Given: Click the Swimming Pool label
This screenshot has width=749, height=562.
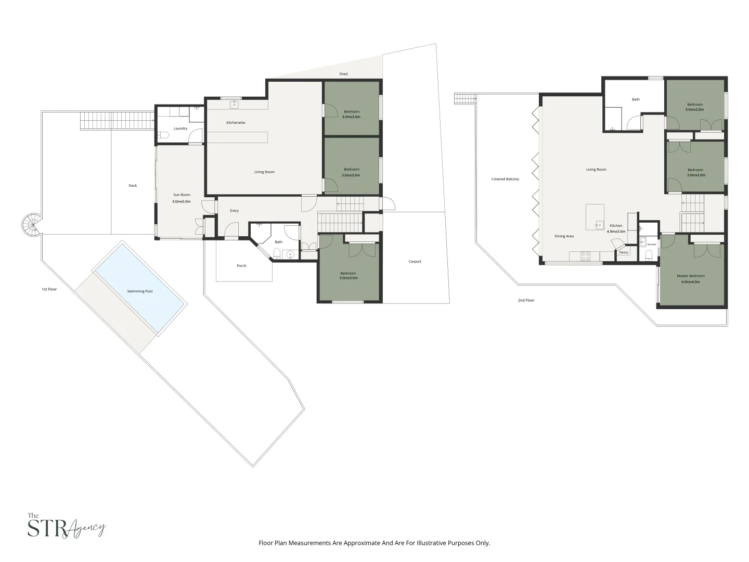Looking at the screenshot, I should click(140, 291).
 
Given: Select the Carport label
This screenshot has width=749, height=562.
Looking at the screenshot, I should click(415, 261).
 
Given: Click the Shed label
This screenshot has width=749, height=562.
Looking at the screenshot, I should click(343, 74).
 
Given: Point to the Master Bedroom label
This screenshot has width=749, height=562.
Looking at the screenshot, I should click(691, 276).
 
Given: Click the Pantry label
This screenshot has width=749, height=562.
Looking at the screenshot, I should click(624, 252).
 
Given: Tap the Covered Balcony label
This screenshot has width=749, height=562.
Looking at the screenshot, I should click(505, 179).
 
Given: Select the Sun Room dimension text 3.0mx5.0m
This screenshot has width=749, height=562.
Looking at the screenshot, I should click(182, 201).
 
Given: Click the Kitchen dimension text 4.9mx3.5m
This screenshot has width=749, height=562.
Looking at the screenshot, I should click(616, 231).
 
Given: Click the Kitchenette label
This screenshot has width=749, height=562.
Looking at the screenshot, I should click(236, 122).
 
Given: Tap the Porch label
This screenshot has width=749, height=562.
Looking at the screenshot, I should click(241, 265).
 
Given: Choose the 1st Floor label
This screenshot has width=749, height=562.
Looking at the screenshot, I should click(49, 289).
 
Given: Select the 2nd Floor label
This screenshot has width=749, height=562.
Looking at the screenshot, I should click(526, 300).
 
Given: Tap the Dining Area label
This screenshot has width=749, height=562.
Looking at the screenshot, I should click(564, 236).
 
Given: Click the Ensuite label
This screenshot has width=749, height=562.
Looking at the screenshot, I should click(652, 244).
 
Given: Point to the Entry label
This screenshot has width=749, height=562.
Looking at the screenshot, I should click(234, 211).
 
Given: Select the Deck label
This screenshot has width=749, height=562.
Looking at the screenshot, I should click(133, 185).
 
